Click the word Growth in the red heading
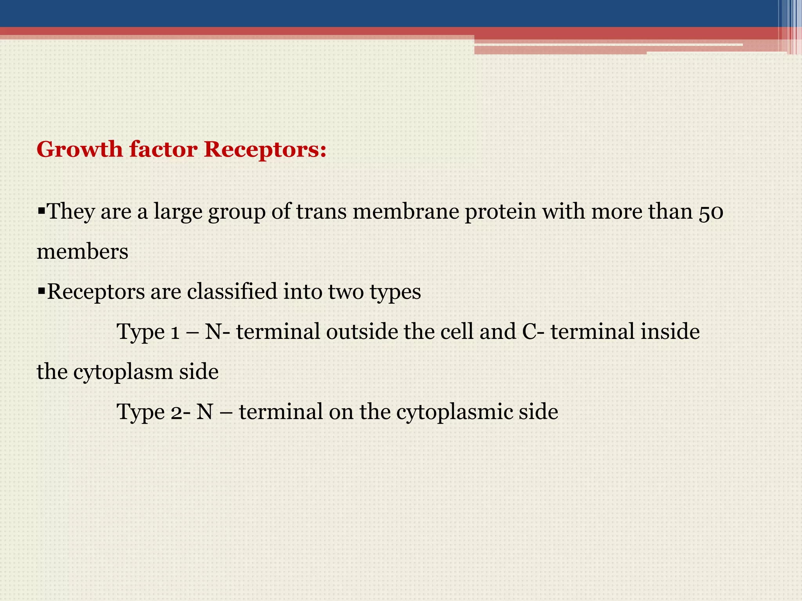click(79, 149)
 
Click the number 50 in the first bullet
click(710, 212)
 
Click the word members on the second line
click(82, 252)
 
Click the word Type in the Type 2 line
click(141, 412)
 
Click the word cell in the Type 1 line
click(457, 332)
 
